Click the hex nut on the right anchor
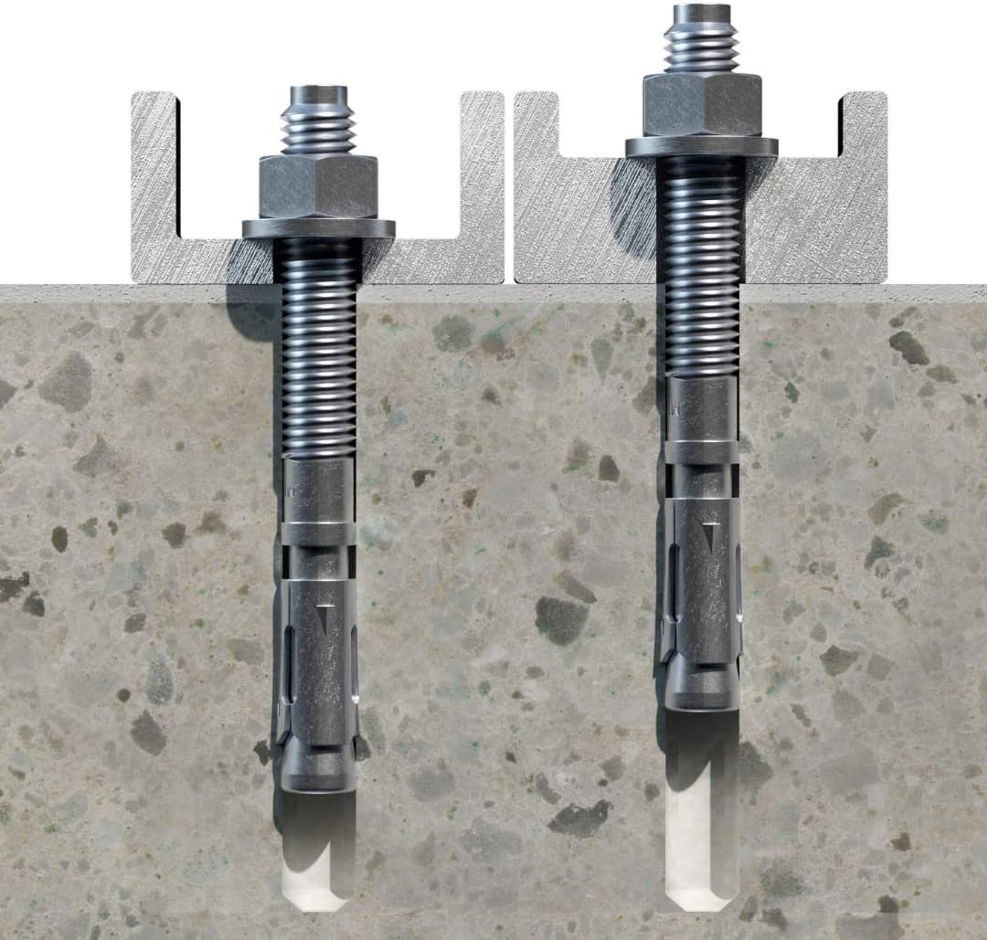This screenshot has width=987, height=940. click(702, 104)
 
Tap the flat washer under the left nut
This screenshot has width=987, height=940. click(318, 228)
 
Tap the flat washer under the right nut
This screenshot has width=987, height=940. click(702, 146)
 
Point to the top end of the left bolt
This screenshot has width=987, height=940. click(318, 94)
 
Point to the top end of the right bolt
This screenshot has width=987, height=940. click(702, 13)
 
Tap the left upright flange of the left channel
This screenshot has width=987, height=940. click(154, 174)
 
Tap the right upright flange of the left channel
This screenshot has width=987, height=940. click(482, 174)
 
